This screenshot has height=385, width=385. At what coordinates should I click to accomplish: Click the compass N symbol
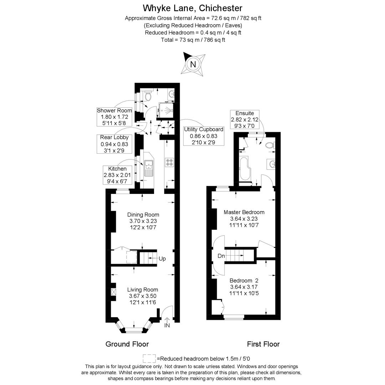pos(193,65)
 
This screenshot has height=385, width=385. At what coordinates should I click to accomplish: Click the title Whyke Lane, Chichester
pos(192,8)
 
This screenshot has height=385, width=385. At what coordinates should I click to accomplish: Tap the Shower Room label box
pos(114,117)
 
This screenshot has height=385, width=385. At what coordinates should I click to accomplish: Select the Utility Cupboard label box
pos(204,135)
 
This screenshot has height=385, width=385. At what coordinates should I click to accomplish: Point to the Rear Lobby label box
pos(114,144)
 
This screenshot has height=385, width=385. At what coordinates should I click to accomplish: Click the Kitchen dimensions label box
pos(117,175)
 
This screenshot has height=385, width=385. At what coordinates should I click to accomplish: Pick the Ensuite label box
pos(245,119)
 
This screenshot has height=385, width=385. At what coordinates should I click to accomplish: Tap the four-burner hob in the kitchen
pos(169,163)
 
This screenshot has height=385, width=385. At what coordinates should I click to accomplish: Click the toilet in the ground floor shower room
pos(149,96)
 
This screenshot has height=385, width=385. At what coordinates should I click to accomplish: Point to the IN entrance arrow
pos(167,322)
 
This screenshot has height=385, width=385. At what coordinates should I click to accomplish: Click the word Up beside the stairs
pos(162,258)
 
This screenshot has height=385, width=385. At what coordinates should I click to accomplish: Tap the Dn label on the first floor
pos(221,256)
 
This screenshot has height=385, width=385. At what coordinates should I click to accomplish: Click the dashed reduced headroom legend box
pos(149,358)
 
